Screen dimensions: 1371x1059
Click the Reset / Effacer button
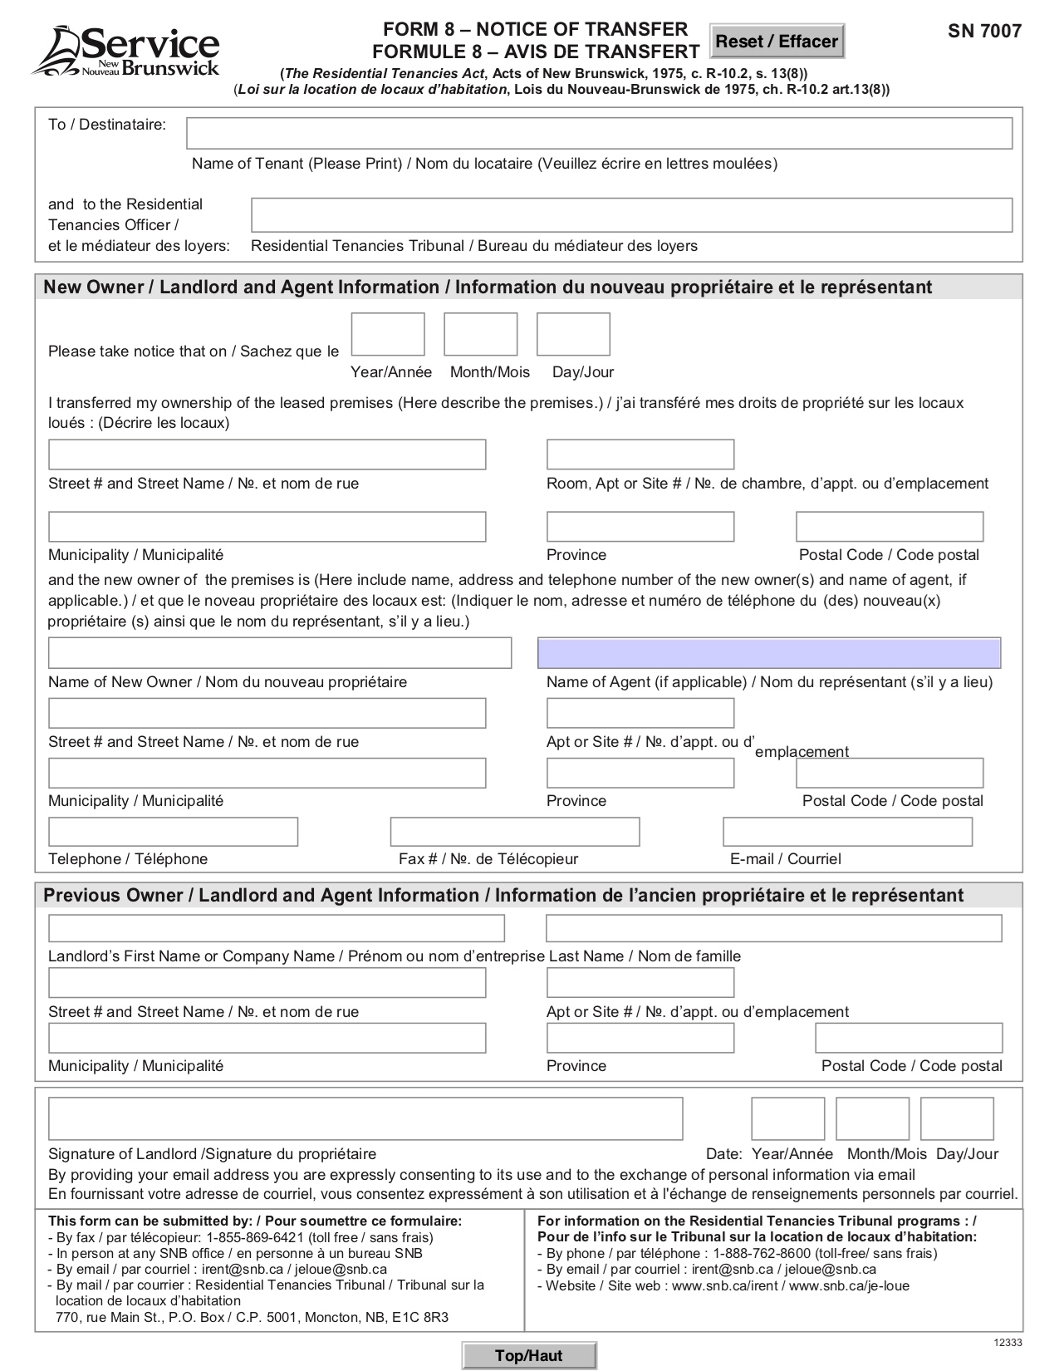pyautogui.click(x=777, y=41)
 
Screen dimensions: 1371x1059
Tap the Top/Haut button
pyautogui.click(x=529, y=1355)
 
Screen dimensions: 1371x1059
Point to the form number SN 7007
pyautogui.click(x=984, y=32)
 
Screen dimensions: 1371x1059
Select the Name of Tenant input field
pyautogui.click(x=599, y=133)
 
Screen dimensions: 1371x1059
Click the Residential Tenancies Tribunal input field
pyautogui.click(x=631, y=215)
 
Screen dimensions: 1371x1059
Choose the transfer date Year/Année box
pyautogui.click(x=388, y=334)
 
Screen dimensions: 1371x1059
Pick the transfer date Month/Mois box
pyautogui.click(x=480, y=334)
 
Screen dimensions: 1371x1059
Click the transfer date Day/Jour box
pyautogui.click(x=573, y=334)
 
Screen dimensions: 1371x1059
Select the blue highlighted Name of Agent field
pyautogui.click(x=769, y=653)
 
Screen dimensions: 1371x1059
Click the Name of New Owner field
pyautogui.click(x=280, y=653)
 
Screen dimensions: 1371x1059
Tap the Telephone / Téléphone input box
pyautogui.click(x=173, y=832)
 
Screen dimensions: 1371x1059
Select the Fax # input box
pyautogui.click(x=515, y=832)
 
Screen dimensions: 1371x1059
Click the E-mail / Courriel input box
pyautogui.click(x=847, y=832)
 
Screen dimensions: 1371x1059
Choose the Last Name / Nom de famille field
pyautogui.click(x=773, y=928)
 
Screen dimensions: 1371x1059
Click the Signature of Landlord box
pyautogui.click(x=365, y=1118)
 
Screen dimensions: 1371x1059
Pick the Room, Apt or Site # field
pyautogui.click(x=640, y=455)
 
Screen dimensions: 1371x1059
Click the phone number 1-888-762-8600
pyautogui.click(x=762, y=1253)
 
